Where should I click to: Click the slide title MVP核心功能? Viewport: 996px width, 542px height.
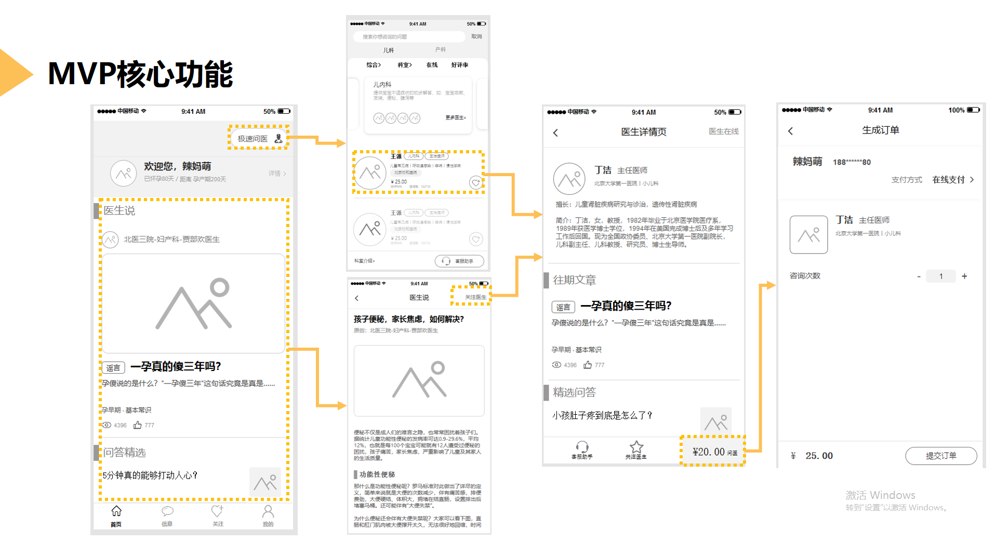click(x=140, y=74)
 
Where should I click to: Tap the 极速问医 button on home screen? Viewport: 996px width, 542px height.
click(x=259, y=138)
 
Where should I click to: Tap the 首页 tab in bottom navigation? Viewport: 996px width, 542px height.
click(x=116, y=516)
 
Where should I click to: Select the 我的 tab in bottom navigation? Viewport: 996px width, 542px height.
click(x=268, y=516)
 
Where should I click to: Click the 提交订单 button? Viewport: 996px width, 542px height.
click(x=940, y=456)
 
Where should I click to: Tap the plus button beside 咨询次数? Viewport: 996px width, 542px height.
click(x=964, y=276)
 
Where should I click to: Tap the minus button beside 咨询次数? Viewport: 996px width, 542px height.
click(x=919, y=276)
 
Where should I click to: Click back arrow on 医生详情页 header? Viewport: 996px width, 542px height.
click(x=555, y=133)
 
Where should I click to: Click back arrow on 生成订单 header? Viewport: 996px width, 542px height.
click(x=790, y=131)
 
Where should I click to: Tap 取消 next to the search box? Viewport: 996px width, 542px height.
click(x=476, y=37)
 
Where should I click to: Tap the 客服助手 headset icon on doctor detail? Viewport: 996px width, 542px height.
click(x=582, y=448)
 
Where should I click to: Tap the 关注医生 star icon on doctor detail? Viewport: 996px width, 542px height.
click(x=636, y=448)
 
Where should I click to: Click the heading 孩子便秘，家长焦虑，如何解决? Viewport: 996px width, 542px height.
click(x=409, y=319)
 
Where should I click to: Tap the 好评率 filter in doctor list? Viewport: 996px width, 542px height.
click(x=459, y=65)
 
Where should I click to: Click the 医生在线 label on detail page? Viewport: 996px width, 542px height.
click(x=723, y=131)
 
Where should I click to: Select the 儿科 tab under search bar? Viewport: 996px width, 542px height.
click(x=389, y=50)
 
